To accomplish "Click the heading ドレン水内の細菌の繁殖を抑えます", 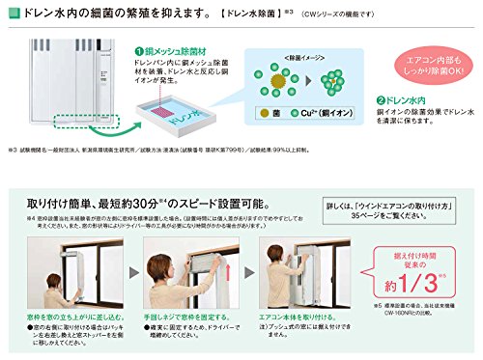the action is point(105,14).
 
